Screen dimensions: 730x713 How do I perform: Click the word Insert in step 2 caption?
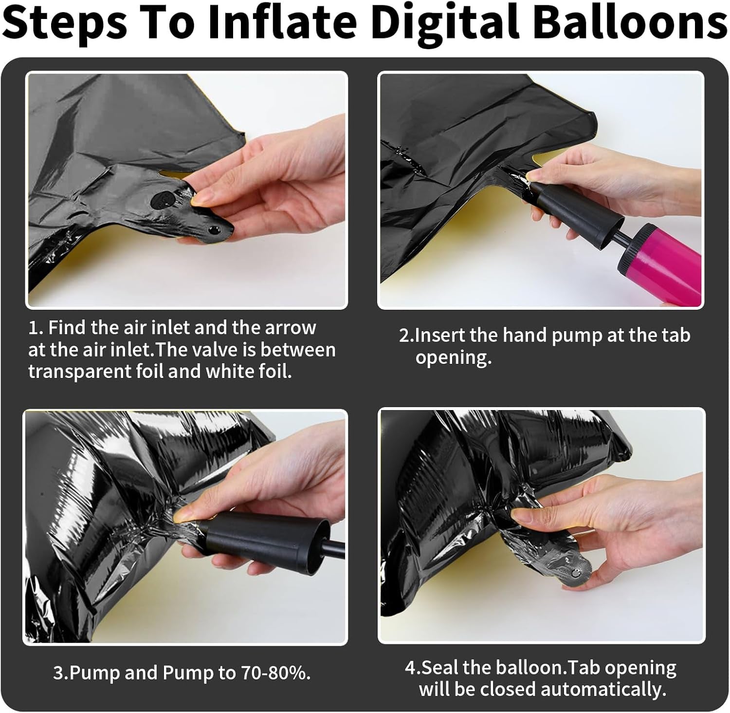coord(441,335)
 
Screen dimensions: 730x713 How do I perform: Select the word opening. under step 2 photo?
coord(454,358)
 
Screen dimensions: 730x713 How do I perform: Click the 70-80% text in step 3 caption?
coord(275,673)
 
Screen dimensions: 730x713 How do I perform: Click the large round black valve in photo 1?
coord(161,200)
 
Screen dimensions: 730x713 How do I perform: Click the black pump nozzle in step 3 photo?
coord(263,537)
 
